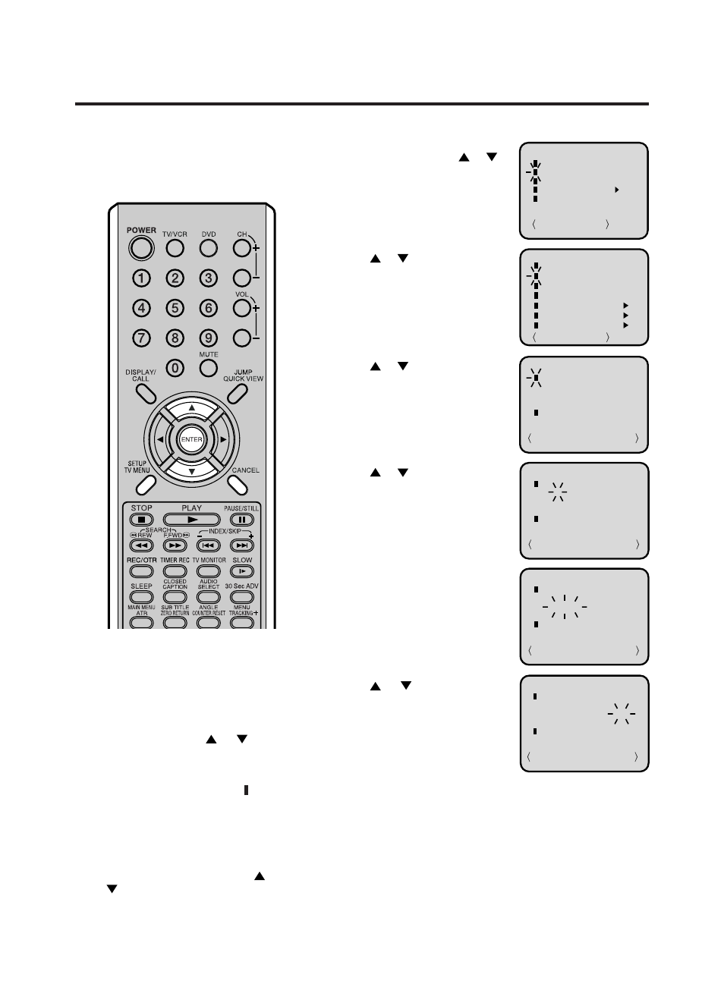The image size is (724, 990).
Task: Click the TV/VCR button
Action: coord(175,248)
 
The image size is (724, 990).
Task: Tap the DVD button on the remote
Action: coord(209,248)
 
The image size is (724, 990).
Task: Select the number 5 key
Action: coord(175,308)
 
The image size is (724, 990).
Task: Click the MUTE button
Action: coord(209,368)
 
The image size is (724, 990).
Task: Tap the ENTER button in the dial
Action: coord(191,439)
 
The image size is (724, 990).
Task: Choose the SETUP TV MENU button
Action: coord(145,482)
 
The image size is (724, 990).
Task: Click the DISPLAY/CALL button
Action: coord(146,392)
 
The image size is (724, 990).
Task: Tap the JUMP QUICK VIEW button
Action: coord(238,392)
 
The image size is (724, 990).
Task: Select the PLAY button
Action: coord(191,520)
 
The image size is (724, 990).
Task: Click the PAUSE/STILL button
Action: coord(242,520)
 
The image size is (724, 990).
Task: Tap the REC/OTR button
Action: coord(141,571)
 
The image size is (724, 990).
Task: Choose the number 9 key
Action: coord(209,338)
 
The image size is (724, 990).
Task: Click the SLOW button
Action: coord(242,571)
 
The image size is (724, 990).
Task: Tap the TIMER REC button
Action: coord(175,571)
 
